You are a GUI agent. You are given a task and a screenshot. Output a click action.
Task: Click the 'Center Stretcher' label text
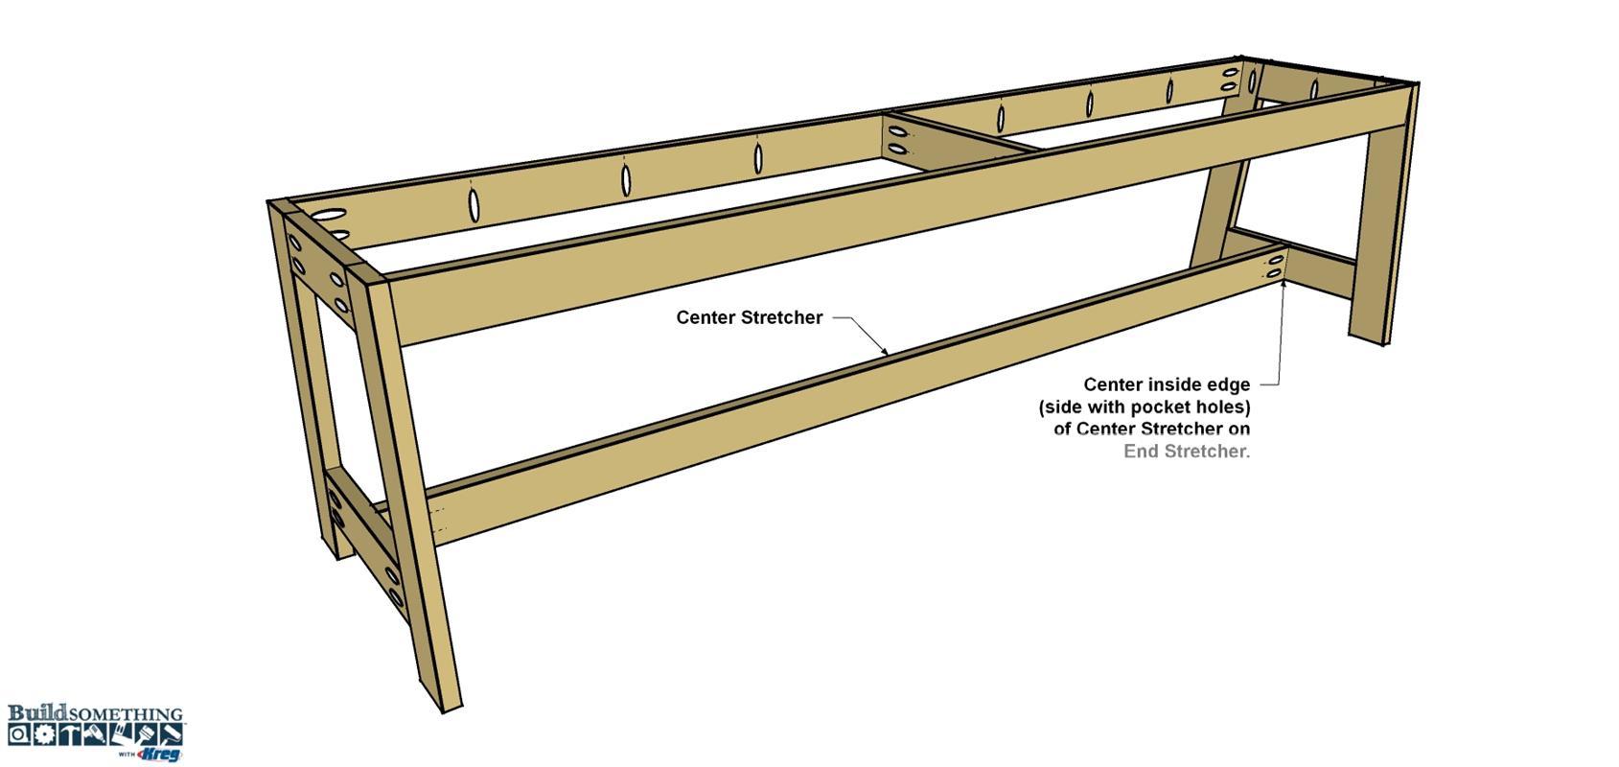[x=749, y=317]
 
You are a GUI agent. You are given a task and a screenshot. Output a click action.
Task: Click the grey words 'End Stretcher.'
[x=1186, y=451]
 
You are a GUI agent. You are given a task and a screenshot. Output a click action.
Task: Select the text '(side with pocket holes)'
[x=1145, y=407]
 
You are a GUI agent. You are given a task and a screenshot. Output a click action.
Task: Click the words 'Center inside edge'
[x=1167, y=384]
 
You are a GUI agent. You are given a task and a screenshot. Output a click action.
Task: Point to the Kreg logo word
[x=159, y=755]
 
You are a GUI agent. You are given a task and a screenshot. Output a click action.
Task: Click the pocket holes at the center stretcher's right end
[x=1275, y=266]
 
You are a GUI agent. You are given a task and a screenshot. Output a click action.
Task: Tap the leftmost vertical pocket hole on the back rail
[x=474, y=205]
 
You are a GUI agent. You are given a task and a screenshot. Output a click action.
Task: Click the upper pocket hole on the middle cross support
[x=897, y=132]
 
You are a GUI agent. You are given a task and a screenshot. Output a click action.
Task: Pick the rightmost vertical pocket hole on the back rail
[x=1314, y=89]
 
